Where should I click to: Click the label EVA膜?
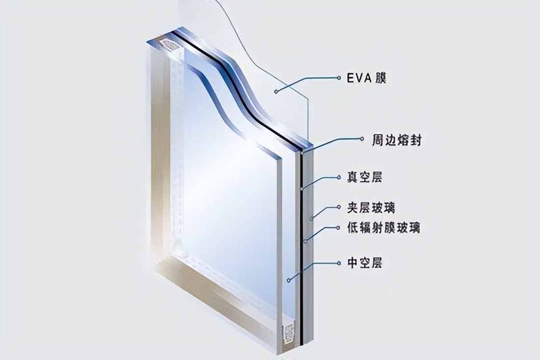[x=366, y=78]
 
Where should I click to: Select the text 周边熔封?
[x=396, y=140]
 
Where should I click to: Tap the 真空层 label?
[x=365, y=178]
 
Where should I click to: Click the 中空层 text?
[x=365, y=263]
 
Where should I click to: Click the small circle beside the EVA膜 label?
[x=339, y=78]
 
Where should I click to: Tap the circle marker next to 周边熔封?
[x=362, y=139]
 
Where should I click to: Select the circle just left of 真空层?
[x=339, y=178]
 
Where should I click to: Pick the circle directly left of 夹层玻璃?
[x=339, y=207]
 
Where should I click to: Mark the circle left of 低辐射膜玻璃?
[x=339, y=228]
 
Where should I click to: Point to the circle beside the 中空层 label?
[x=339, y=263]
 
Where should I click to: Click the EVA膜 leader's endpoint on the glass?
[x=275, y=91]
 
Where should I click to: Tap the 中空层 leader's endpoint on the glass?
[x=289, y=280]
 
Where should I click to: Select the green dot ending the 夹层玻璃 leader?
[x=312, y=217]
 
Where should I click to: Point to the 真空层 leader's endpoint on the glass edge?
[x=302, y=189]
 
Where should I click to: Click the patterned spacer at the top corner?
[x=170, y=45]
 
